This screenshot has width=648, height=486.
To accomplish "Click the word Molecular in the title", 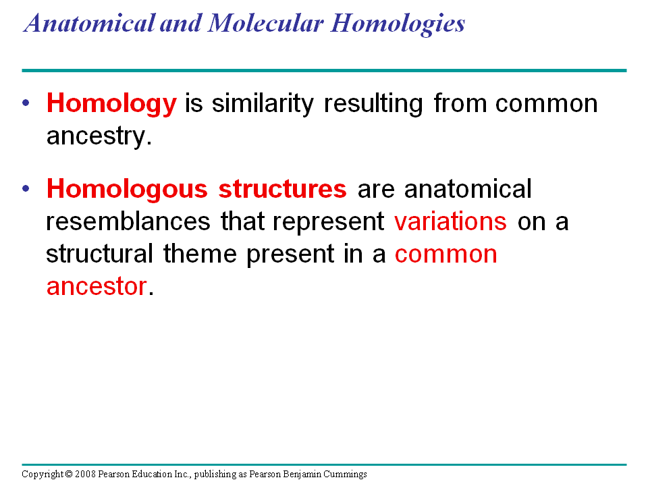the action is click(x=265, y=23).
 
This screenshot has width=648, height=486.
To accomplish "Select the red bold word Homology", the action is click(x=111, y=104).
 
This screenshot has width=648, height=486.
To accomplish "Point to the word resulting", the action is click(x=373, y=104).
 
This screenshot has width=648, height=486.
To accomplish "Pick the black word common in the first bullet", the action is click(x=546, y=104).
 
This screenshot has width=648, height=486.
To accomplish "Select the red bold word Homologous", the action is click(x=127, y=190).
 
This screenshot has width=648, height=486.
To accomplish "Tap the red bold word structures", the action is click(x=282, y=189).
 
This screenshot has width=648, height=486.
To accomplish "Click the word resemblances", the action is click(x=128, y=221).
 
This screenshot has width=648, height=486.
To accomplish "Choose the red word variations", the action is click(x=450, y=221).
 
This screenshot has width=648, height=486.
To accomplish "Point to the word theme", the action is click(x=200, y=253).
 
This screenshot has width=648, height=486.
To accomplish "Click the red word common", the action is click(x=446, y=254).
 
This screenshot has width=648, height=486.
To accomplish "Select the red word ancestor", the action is click(x=97, y=286).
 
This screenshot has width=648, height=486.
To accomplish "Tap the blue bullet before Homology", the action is click(x=26, y=103).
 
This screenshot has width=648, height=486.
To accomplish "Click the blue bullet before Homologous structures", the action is click(x=26, y=188).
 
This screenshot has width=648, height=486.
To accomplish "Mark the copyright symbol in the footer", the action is click(x=69, y=474).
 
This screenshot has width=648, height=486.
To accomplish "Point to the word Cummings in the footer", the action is click(x=345, y=475).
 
